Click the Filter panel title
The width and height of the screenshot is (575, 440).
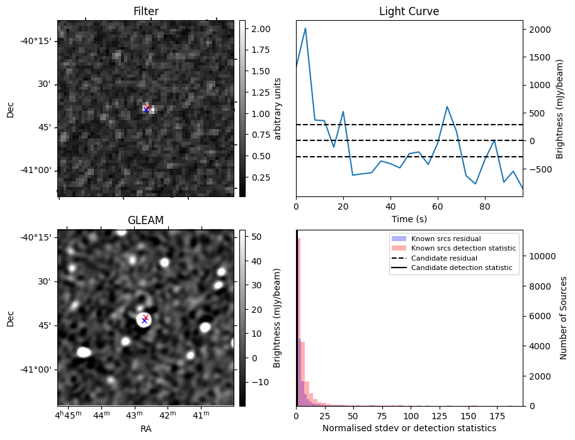point(145,11)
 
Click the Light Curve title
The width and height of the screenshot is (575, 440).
point(409,11)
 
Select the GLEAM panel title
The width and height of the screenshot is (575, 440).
point(145,220)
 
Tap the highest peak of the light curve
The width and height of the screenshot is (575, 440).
point(305,28)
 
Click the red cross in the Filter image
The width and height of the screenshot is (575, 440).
point(147,108)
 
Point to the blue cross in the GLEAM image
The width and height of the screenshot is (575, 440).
point(144,321)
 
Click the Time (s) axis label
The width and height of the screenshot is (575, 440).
point(409,218)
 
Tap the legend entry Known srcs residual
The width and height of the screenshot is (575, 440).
point(445,239)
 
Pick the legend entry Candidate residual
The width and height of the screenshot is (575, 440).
point(444,259)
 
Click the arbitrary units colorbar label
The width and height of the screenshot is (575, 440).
point(277,108)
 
